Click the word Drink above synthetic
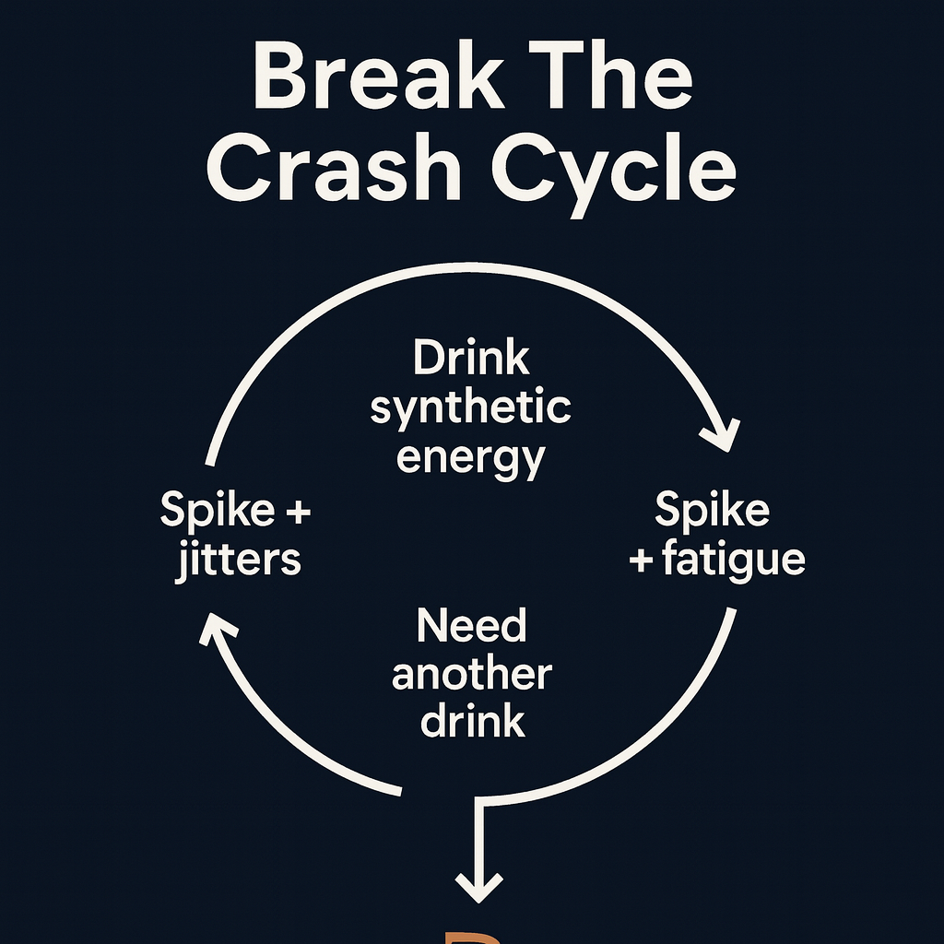point(471,358)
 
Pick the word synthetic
point(471,408)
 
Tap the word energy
point(471,458)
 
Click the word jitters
point(238,559)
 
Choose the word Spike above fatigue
point(712,510)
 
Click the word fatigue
point(734,559)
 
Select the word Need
point(471,627)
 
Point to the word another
point(471,675)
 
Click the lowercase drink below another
point(472,721)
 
